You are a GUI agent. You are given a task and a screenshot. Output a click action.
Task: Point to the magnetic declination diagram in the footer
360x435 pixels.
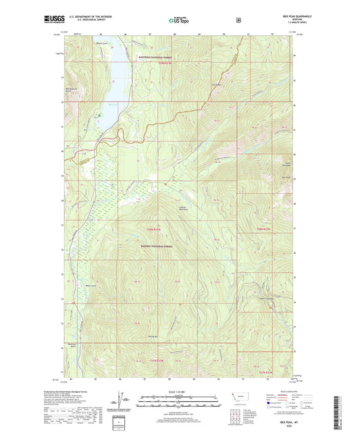coord(121,399)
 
